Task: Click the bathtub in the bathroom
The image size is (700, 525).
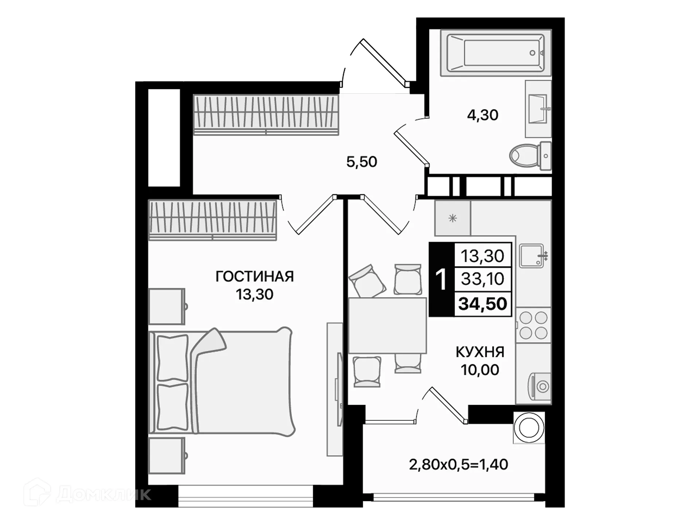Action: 495,53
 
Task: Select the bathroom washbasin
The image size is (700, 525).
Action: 538,109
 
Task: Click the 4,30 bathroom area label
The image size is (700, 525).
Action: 482,115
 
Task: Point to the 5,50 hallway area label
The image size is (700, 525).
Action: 361,162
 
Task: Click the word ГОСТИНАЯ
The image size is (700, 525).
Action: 254,277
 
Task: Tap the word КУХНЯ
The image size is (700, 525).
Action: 480,352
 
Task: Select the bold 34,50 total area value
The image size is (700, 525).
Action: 482,304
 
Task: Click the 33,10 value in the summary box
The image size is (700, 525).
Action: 482,279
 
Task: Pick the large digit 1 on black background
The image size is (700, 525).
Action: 441,280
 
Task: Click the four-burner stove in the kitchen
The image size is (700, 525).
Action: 533,325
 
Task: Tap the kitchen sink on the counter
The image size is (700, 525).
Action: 531,256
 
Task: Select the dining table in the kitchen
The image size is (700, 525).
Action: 387,325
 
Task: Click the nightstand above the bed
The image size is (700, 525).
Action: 167,306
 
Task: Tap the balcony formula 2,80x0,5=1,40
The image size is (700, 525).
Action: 458,465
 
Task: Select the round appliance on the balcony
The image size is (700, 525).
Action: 529,428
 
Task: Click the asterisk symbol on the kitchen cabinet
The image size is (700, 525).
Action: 452,218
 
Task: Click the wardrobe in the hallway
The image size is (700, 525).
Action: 266,115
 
